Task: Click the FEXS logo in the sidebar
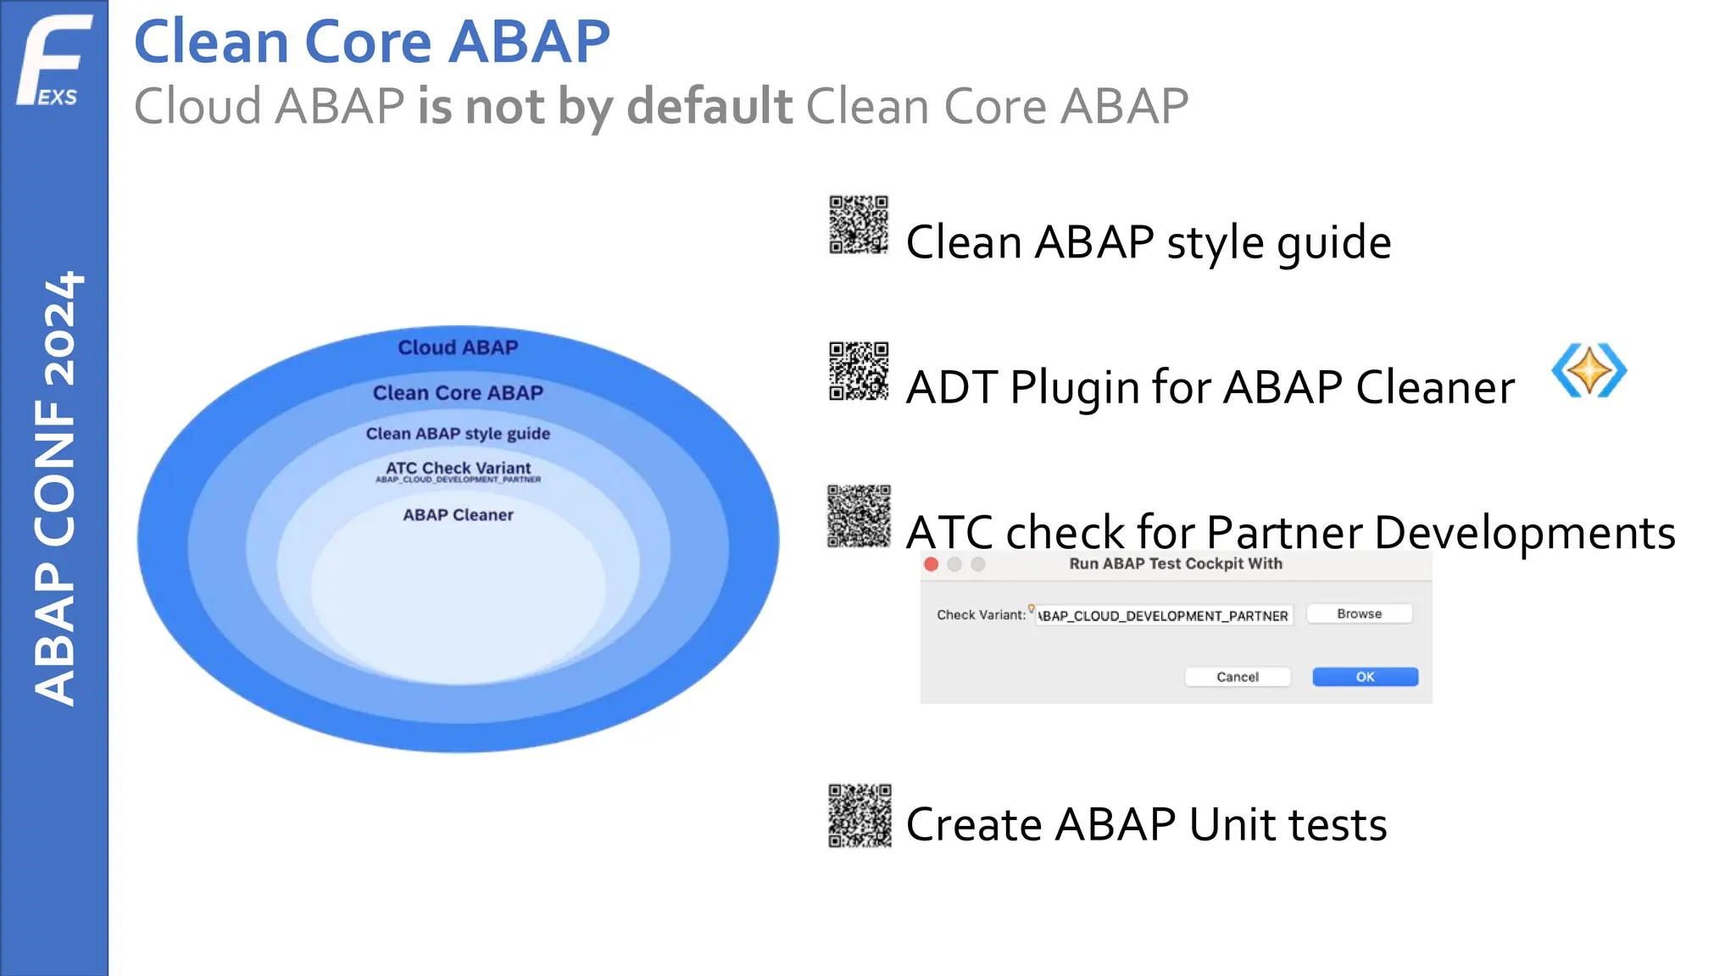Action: [x=53, y=59]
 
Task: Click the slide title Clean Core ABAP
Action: [x=371, y=42]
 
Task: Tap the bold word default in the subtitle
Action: [x=709, y=106]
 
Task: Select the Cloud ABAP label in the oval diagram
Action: [x=458, y=347]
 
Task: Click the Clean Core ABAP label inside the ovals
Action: [x=458, y=393]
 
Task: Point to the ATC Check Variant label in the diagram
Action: [x=458, y=469]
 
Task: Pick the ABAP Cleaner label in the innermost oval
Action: [x=458, y=515]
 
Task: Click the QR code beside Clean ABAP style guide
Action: [x=858, y=225]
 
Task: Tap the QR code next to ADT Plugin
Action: [x=858, y=371]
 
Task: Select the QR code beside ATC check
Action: [x=858, y=516]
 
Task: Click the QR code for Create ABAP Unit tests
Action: [x=859, y=815]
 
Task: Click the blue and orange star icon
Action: [x=1589, y=371]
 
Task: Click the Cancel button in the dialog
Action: [x=1237, y=677]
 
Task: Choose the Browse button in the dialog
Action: [x=1359, y=614]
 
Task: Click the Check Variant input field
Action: [x=1163, y=616]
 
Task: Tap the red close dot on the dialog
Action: [x=931, y=564]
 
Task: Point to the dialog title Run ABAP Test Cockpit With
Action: [x=1175, y=564]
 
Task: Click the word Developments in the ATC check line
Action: [x=1524, y=533]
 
